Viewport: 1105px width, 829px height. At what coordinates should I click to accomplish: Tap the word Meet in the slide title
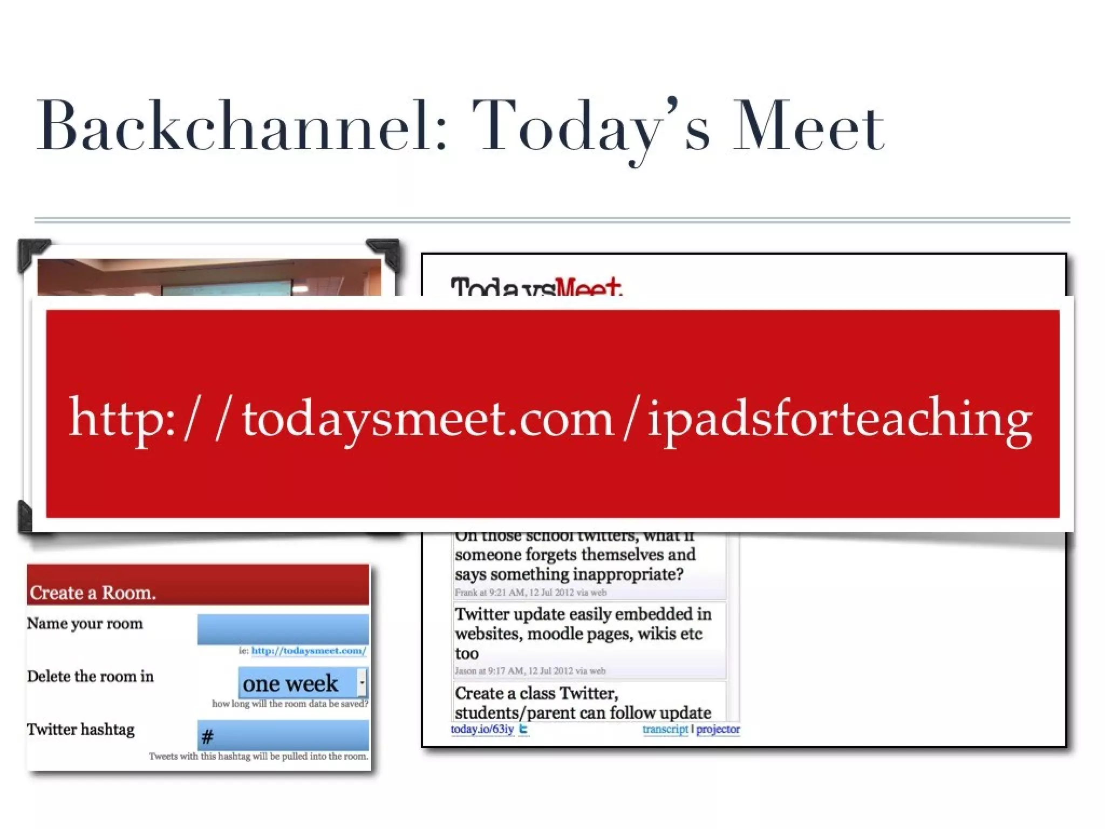click(808, 126)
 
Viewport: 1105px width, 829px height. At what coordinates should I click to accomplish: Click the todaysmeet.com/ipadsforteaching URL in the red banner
click(550, 419)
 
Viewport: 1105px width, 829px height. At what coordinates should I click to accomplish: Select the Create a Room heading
click(93, 593)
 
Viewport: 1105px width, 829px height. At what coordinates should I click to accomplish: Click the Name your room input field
click(283, 629)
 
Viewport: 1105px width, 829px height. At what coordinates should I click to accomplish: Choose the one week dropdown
click(302, 683)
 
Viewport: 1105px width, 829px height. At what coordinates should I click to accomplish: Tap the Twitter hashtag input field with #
click(283, 735)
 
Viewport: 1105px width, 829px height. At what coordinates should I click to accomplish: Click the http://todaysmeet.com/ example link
click(309, 651)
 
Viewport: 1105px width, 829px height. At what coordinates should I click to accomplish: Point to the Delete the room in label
click(91, 676)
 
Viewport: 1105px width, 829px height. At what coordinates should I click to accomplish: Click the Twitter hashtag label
click(81, 729)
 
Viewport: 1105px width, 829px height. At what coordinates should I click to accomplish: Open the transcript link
click(665, 729)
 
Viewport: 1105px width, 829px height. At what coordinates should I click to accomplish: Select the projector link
click(718, 729)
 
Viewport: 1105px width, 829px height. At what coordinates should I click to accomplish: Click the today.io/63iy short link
click(482, 729)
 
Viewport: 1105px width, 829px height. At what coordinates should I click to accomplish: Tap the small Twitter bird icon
click(523, 729)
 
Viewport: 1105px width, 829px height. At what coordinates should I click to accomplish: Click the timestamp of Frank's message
click(530, 593)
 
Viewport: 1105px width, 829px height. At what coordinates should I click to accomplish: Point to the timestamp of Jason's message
click(530, 671)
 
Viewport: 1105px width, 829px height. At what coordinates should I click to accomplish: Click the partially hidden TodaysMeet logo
click(536, 287)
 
